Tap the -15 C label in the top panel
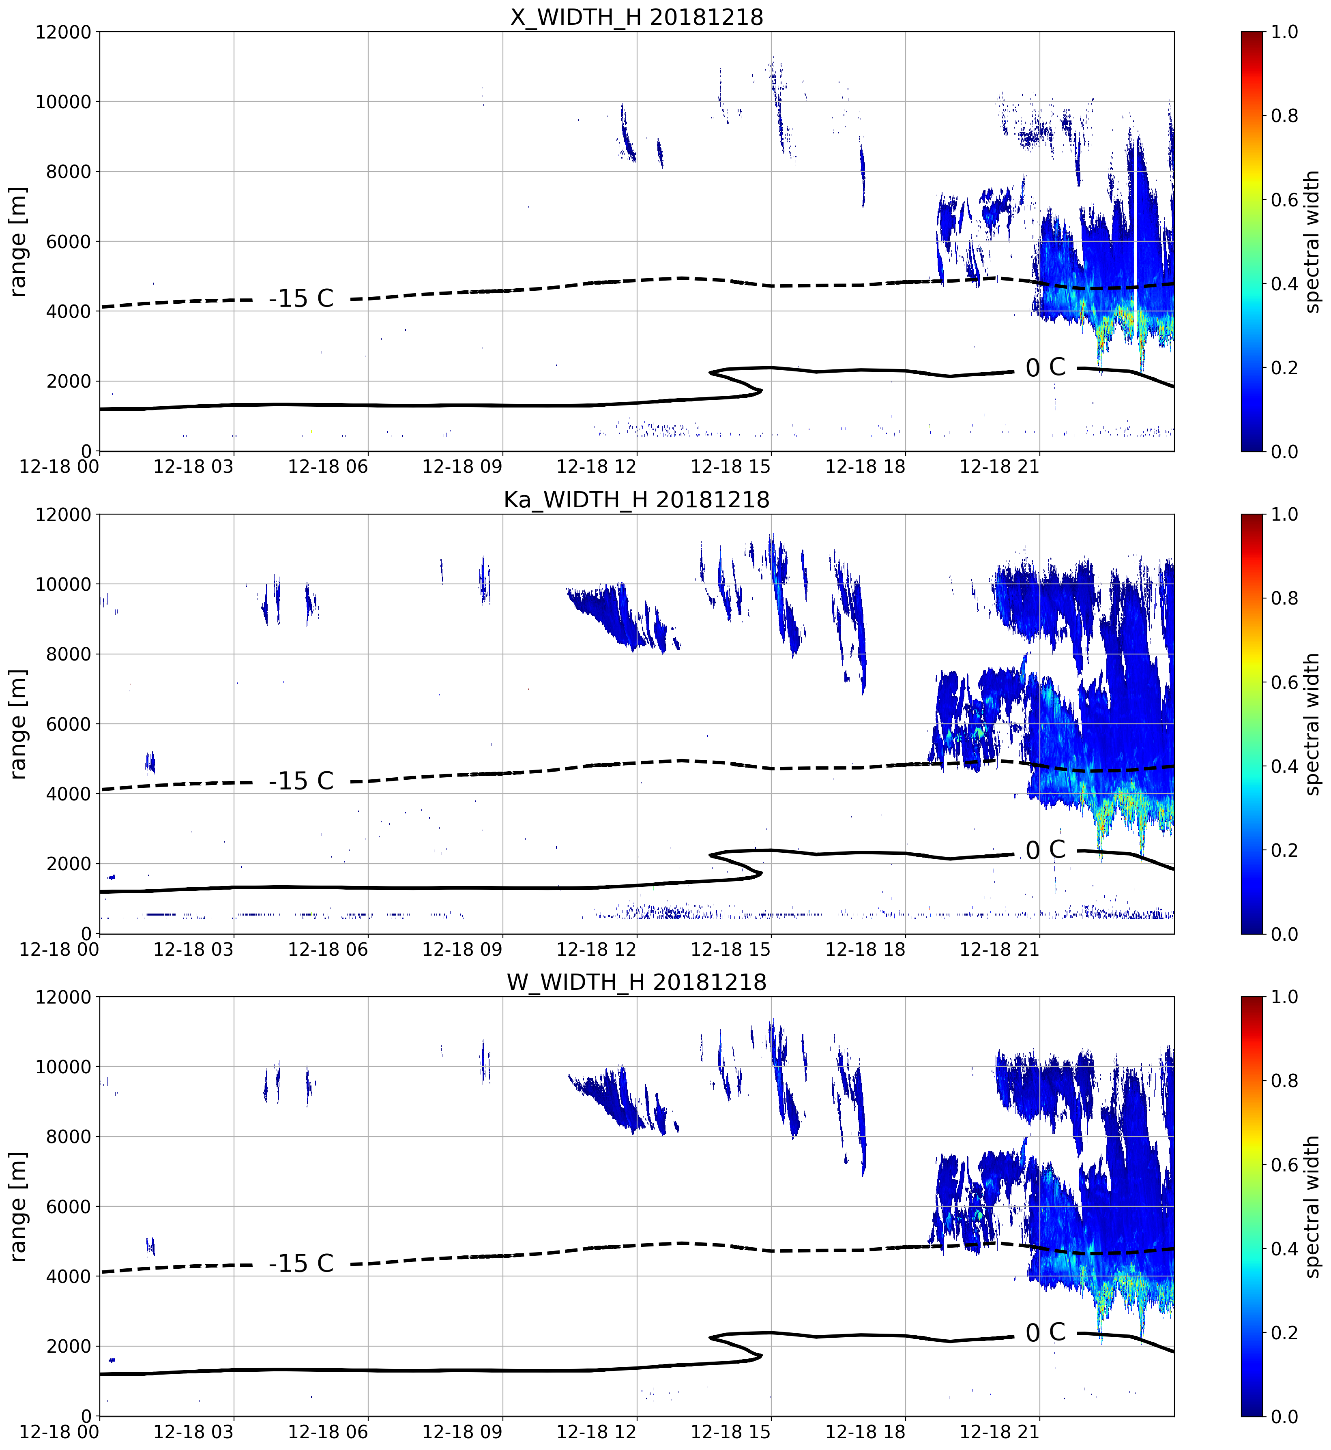pyautogui.click(x=301, y=298)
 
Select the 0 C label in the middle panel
pyautogui.click(x=1045, y=850)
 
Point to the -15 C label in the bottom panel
pyautogui.click(x=301, y=1263)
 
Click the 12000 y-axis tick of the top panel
pyautogui.click(x=63, y=32)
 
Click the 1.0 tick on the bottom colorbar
pyautogui.click(x=1284, y=997)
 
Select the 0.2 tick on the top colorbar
pyautogui.click(x=1284, y=368)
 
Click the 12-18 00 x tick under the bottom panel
pyautogui.click(x=59, y=1432)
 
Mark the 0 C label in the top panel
pyautogui.click(x=1045, y=367)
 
